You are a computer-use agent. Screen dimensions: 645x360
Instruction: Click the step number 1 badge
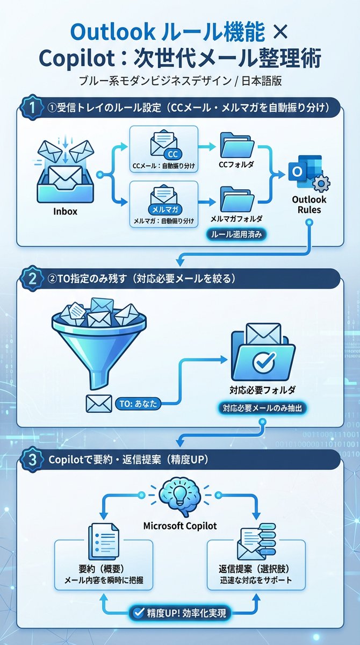[x=30, y=107]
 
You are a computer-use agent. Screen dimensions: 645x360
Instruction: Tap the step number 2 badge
[x=30, y=278]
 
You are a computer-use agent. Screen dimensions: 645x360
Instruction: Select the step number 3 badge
[x=30, y=460]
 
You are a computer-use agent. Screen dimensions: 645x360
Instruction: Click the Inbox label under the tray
[x=65, y=211]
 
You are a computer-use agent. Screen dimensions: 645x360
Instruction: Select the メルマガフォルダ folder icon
[x=236, y=199]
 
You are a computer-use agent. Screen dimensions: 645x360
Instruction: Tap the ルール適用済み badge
[x=236, y=235]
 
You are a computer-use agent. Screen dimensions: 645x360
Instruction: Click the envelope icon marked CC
[x=164, y=142]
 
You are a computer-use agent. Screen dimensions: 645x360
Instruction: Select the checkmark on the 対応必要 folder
[x=263, y=362]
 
